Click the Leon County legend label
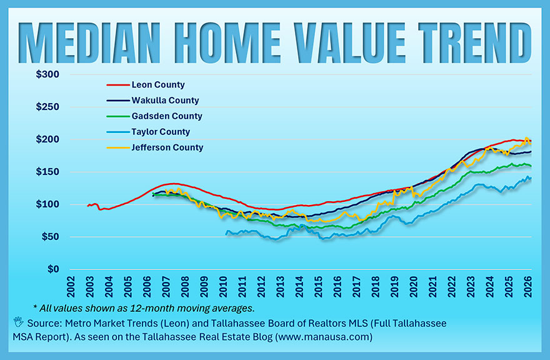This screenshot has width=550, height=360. (157, 85)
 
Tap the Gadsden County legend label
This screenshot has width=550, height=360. (166, 116)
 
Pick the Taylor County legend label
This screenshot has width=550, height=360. (161, 132)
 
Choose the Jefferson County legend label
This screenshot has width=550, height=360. (167, 147)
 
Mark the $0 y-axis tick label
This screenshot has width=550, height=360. (54, 269)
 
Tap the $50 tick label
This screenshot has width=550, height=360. (50, 237)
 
